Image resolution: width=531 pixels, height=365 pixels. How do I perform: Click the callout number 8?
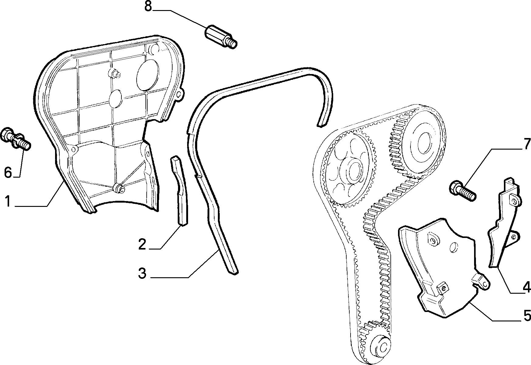[x=148, y=6]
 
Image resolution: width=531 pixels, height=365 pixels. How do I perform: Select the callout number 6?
[x=8, y=172]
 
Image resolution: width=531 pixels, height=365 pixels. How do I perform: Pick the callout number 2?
[x=142, y=244]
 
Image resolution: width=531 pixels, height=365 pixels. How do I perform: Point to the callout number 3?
[x=142, y=273]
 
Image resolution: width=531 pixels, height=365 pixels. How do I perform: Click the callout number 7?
[x=526, y=145]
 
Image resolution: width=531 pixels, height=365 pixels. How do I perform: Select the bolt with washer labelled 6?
[x=16, y=140]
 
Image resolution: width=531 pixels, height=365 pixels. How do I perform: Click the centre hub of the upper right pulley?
[x=422, y=142]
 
